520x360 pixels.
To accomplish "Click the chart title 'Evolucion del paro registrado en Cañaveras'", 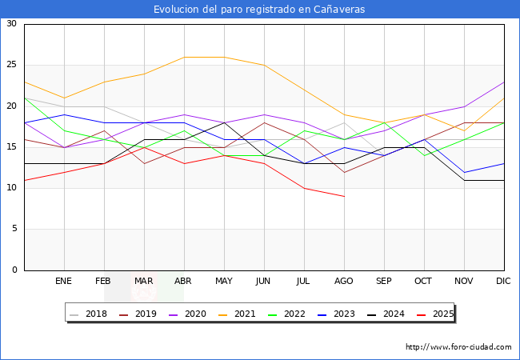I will coord(259,9).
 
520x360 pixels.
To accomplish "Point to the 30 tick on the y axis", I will coord(11,24).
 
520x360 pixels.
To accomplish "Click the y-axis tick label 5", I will coord(14,230).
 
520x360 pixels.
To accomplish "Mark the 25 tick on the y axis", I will coord(11,65).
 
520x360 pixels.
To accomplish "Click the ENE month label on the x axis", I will coord(64,282).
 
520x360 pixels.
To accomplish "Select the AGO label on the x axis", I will coord(344,282).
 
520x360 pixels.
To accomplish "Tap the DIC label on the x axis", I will coord(504,282).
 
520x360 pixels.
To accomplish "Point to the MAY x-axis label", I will coord(224,282).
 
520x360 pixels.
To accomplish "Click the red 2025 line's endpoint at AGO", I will coord(344,196).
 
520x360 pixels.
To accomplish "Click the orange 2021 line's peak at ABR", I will coord(184,57).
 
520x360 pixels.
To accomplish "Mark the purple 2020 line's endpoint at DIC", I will coord(504,82).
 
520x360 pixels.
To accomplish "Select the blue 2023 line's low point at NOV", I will coord(464,172).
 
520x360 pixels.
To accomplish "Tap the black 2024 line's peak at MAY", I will coord(224,122).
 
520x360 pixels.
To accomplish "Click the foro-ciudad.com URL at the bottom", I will coord(458,347).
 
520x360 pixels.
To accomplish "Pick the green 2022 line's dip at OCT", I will coord(424,155).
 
